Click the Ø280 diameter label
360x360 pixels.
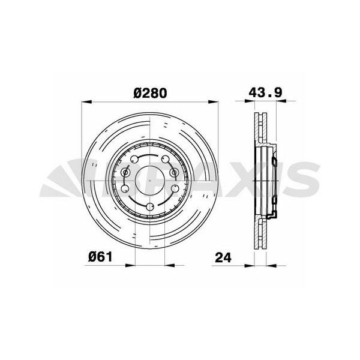pos(150,93)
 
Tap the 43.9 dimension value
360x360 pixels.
pos(265,92)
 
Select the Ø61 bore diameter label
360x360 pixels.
pos(100,257)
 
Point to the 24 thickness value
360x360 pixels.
pos(223,257)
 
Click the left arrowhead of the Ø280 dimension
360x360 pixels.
pos(87,102)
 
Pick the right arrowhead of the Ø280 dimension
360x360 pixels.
pos(213,102)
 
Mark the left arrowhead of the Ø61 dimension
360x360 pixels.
pos(130,265)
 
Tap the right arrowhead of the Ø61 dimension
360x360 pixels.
pos(170,265)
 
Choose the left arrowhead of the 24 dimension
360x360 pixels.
pos(250,266)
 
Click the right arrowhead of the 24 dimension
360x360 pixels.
pos(271,266)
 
